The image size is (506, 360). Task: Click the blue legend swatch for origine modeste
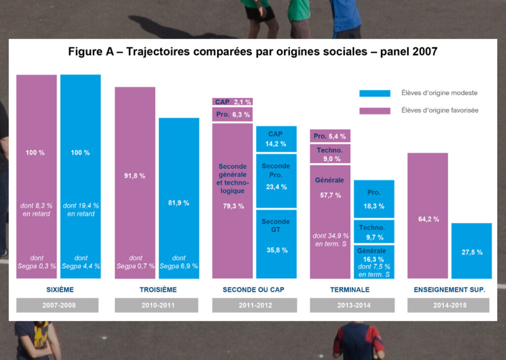tap(375, 93)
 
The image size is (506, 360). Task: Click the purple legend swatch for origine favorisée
tap(375, 111)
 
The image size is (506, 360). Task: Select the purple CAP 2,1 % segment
tap(233, 102)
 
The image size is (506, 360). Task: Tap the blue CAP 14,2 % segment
tap(276, 139)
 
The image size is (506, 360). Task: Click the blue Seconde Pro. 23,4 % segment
tap(276, 180)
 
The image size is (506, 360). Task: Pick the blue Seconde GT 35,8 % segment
tap(276, 243)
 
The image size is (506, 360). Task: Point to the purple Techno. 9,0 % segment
tap(330, 154)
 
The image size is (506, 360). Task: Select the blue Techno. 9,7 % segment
tap(374, 232)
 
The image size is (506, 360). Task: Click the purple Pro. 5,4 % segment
tap(330, 136)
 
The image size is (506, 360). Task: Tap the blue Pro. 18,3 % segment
tap(374, 199)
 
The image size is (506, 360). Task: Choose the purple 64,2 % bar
tap(427, 216)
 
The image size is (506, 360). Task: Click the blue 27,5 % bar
tap(471, 251)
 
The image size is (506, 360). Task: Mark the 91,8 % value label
tap(135, 176)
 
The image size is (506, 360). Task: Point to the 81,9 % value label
tap(179, 203)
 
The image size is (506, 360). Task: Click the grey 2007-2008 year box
tap(57, 305)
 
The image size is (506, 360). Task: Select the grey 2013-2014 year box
tap(352, 305)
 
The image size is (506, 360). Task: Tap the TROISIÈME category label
tap(158, 290)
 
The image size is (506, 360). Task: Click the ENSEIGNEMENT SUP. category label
tap(449, 290)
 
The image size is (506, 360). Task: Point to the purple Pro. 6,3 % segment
tap(233, 115)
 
